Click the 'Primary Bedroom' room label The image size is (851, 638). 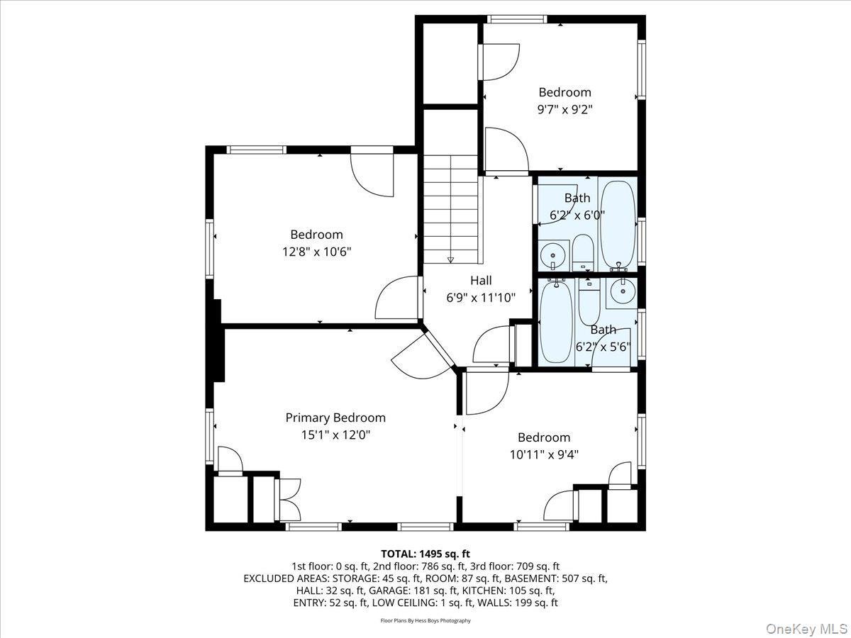[x=335, y=418]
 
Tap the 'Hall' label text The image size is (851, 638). [x=480, y=281]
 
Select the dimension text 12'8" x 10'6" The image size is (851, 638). [x=316, y=251]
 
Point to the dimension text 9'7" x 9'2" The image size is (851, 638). [x=564, y=109]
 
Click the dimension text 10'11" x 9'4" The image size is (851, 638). [x=544, y=454]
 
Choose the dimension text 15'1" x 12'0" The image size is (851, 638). [x=335, y=435]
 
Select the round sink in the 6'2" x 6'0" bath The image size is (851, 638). [x=552, y=254]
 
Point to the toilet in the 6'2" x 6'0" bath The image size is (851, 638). [x=582, y=253]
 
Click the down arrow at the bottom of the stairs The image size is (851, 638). [x=450, y=260]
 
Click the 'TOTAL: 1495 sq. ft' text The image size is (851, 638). [x=425, y=554]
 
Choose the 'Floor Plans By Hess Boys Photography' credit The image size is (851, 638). [x=425, y=620]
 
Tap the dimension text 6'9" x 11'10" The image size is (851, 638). [x=480, y=298]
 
